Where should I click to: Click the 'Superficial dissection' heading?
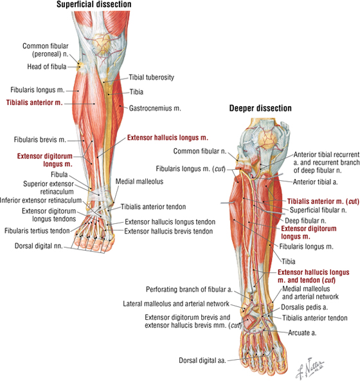[94, 5]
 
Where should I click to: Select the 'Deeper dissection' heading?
[260, 108]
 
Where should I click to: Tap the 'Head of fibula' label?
[47, 66]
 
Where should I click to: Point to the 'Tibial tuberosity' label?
[152, 77]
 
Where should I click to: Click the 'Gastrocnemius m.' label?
[155, 108]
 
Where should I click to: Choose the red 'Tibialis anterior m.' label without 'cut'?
[34, 102]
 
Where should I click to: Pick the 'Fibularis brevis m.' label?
[40, 140]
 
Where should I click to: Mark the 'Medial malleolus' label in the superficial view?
[139, 181]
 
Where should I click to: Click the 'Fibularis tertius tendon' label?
[37, 230]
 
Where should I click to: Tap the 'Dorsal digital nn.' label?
[39, 246]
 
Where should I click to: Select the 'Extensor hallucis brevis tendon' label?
[168, 231]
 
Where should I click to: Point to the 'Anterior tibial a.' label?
[315, 181]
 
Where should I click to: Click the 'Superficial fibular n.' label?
[318, 210]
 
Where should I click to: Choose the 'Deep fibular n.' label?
[305, 221]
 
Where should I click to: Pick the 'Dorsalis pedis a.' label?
[305, 307]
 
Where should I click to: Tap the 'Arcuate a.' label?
[302, 333]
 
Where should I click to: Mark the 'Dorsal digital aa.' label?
[203, 360]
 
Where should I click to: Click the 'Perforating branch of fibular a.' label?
[189, 290]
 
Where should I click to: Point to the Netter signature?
[309, 367]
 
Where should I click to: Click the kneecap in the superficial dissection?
[101, 44]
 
